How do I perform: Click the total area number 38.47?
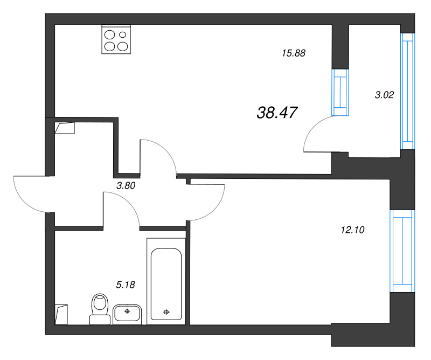point(277,113)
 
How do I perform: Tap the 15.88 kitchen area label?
point(294,53)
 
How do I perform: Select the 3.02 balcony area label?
point(384,95)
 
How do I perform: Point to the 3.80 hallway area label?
point(126,185)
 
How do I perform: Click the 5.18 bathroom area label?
point(126,285)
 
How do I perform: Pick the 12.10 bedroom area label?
point(352,230)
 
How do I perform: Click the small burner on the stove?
point(123,34)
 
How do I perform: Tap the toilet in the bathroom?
point(100,309)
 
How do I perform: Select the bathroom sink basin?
point(127,313)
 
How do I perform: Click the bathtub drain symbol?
point(166,312)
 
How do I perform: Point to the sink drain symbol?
point(127,311)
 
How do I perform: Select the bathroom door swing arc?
point(129,203)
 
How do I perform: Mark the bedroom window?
point(402,251)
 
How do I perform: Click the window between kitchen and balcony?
point(340,92)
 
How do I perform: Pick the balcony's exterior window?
point(408,91)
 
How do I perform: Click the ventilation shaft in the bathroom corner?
point(61,314)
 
